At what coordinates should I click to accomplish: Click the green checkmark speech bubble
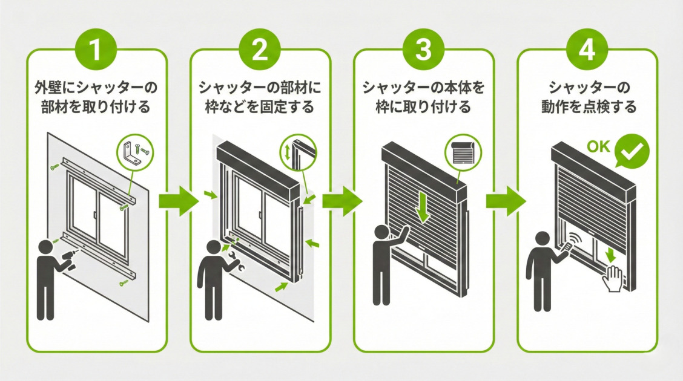pos(630,152)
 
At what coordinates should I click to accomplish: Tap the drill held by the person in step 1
pos(67,262)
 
